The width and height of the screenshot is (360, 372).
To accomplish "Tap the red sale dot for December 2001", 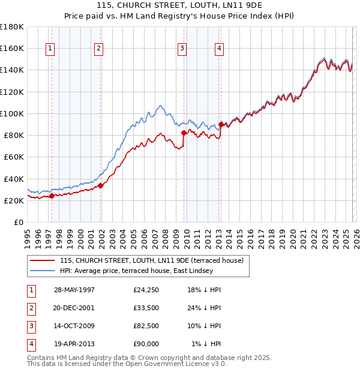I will coord(100,185).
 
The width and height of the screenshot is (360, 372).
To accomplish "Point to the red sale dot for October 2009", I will coord(184,133).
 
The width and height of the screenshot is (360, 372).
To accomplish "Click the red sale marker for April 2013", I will coord(221,124).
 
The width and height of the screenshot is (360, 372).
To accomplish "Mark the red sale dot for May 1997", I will coord(52,196).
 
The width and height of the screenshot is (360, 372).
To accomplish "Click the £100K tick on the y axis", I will coord(11,113).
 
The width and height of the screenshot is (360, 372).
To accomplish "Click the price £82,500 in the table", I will coord(146,326).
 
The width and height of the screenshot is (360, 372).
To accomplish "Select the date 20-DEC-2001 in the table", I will coord(74,308).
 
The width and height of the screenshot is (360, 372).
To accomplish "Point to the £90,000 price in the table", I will coord(146,344).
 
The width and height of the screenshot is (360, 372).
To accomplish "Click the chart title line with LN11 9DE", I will coord(180,6).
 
